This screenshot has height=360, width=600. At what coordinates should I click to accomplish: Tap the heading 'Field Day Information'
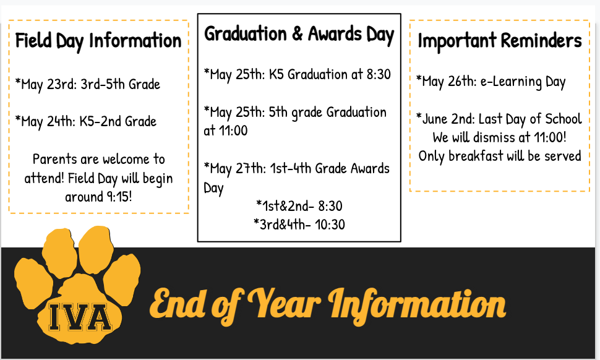98,41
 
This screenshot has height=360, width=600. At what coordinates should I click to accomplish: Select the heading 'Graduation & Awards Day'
299,35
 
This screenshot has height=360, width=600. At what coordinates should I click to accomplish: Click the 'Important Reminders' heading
499,41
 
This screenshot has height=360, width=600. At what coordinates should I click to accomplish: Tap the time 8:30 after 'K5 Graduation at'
379,74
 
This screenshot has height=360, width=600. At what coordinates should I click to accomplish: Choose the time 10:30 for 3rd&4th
330,225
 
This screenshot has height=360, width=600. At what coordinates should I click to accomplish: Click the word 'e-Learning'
511,82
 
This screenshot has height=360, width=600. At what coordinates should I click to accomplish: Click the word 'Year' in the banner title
283,304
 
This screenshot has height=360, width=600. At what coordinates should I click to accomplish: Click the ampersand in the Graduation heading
298,33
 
